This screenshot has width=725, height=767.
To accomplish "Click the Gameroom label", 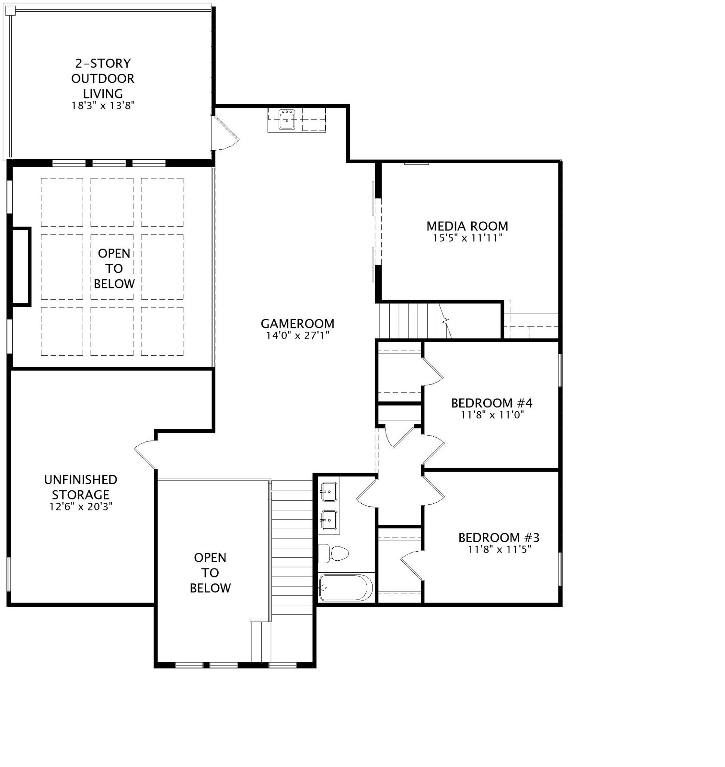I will (297, 324).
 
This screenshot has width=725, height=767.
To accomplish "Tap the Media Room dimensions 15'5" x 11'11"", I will (467, 238).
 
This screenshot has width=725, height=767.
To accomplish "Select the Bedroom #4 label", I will (491, 403).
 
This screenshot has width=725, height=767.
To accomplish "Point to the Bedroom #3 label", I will (499, 538).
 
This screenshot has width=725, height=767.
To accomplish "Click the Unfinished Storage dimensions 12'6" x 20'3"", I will (81, 506).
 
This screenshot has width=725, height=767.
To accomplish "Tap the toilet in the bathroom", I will (333, 553).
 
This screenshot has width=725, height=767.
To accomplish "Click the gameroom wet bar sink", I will (287, 119).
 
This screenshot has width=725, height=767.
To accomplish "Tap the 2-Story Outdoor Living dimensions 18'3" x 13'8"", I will (103, 106).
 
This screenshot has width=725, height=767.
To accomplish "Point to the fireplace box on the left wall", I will (21, 267).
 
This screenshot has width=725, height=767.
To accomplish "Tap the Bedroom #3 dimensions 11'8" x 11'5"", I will (499, 549).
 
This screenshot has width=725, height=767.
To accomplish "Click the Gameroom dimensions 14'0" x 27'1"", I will (297, 335).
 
